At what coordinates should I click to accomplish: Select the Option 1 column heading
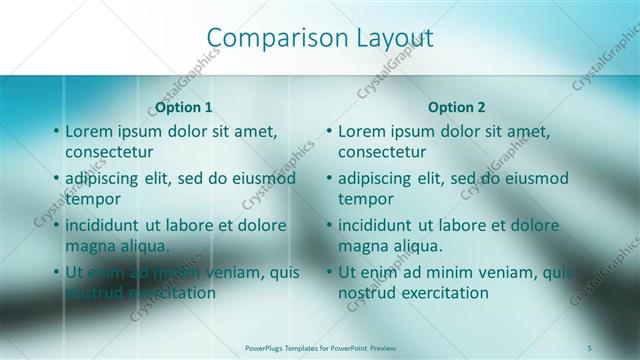184,107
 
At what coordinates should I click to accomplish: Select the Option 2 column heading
456,107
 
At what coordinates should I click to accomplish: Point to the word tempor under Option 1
93,199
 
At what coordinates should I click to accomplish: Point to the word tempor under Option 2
366,199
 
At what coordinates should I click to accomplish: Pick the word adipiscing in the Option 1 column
104,179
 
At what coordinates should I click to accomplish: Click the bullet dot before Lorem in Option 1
56,132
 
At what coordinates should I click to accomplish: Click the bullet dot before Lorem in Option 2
329,132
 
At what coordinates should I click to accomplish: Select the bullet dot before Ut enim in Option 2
329,273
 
